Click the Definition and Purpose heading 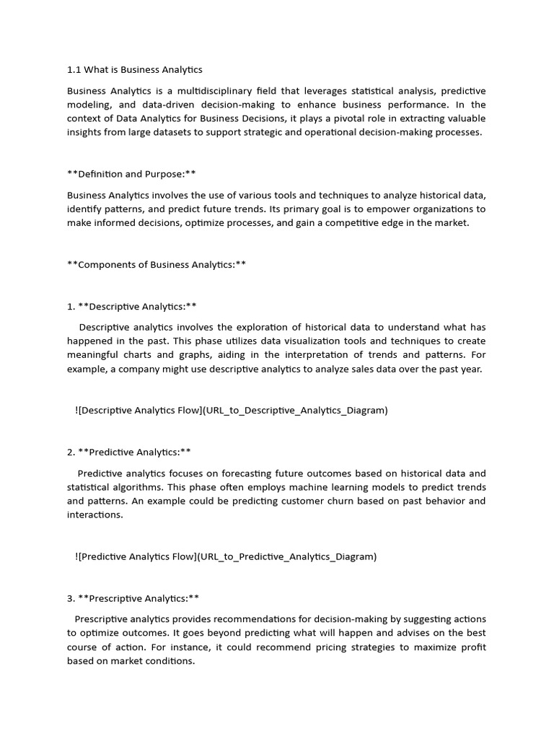coord(131,174)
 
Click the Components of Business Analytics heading coord(157,264)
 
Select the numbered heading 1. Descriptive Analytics coord(132,306)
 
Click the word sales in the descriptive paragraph coord(352,369)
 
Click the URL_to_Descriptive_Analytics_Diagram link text coord(295,411)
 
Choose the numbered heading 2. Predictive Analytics coord(129,452)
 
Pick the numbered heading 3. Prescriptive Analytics coord(133,598)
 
